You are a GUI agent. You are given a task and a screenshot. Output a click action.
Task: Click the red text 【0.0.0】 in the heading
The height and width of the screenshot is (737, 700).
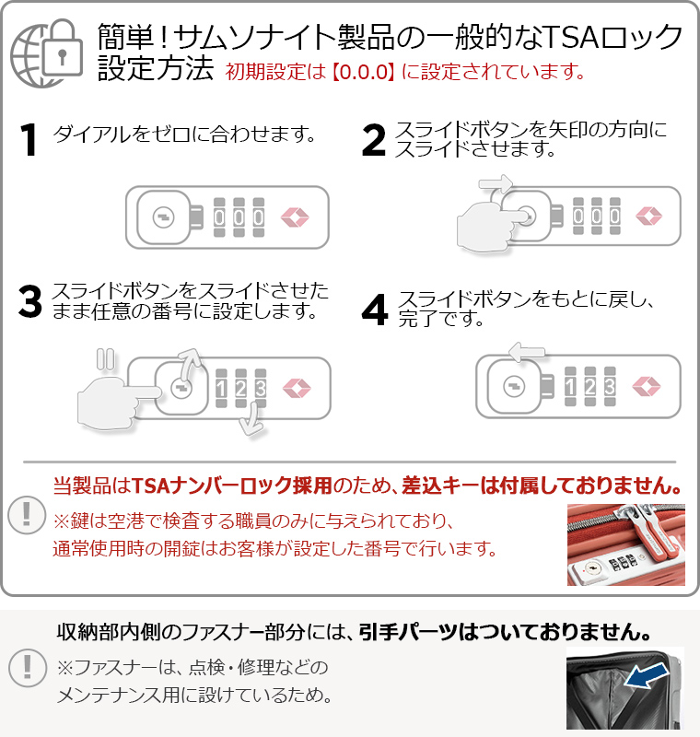point(363,72)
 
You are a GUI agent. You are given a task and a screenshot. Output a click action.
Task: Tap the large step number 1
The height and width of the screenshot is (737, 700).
point(29,139)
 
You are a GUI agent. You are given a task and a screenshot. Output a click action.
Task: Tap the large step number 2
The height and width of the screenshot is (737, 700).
point(374,139)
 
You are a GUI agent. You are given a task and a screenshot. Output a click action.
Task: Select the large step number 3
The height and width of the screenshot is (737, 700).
point(30,301)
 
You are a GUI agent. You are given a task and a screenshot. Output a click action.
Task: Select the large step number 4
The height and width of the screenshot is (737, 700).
point(375,310)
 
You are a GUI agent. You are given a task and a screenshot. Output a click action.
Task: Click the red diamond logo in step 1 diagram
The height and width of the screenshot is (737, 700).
point(295,217)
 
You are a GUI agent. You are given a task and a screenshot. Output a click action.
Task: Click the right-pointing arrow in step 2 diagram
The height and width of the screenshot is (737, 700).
point(496,183)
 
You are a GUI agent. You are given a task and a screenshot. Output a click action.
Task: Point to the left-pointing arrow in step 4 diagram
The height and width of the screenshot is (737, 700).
point(527,352)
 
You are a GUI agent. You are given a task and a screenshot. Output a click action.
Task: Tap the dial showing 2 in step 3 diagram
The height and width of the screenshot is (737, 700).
point(241,388)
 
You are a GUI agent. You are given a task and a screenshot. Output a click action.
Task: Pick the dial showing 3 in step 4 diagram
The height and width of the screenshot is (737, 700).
point(610,386)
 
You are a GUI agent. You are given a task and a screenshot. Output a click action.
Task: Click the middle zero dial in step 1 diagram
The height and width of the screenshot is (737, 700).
point(239,217)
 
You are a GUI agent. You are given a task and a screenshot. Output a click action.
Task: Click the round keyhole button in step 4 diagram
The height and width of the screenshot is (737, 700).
point(514,386)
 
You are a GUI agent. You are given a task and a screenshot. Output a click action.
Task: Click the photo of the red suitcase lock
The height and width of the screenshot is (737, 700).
point(625,544)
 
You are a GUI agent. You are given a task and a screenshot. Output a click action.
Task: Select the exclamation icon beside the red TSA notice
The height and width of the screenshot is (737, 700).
point(27,515)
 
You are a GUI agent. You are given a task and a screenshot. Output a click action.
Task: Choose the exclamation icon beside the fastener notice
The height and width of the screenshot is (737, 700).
point(28,668)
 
